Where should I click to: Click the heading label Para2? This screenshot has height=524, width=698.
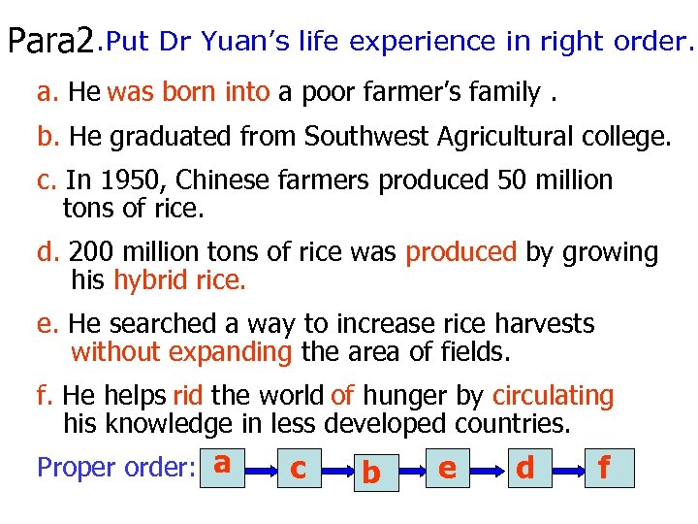[50, 42]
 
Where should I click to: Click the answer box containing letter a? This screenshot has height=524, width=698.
[222, 467]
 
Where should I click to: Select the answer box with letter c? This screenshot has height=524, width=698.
[299, 469]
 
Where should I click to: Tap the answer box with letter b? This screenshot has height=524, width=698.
[370, 473]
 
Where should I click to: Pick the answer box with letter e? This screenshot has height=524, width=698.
[447, 469]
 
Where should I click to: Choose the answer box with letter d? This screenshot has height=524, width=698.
[525, 469]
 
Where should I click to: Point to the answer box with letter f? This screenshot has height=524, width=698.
[605, 469]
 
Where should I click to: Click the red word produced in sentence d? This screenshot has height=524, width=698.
[460, 253]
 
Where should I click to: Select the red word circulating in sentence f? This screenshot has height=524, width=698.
[553, 396]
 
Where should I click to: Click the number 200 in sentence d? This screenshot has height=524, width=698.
[90, 253]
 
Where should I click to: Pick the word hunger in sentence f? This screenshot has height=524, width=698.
[405, 396]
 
